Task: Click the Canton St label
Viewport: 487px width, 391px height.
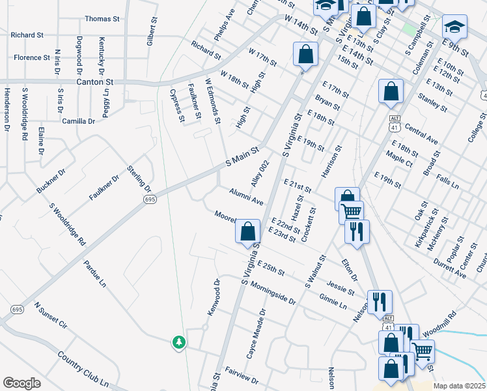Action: (x=95, y=83)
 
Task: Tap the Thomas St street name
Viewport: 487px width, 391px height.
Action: (x=102, y=20)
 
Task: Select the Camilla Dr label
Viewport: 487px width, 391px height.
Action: (x=79, y=121)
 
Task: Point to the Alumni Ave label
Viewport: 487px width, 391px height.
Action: (x=245, y=197)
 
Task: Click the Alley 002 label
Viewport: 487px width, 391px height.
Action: (x=260, y=174)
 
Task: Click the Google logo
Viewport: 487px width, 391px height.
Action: (x=22, y=383)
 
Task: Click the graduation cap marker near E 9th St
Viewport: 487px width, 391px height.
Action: (x=454, y=27)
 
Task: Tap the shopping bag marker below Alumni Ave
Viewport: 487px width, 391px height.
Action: (x=247, y=231)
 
